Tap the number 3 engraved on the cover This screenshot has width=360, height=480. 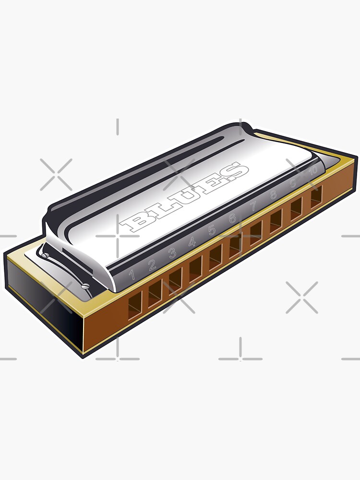(x=172, y=253)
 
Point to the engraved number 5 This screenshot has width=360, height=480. (x=212, y=230)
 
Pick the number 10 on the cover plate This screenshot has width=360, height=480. (x=313, y=170)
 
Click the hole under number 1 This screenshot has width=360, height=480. (x=135, y=305)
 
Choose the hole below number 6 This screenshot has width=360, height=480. (x=235, y=246)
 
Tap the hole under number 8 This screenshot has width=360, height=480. (x=276, y=221)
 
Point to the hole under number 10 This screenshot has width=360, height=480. (x=316, y=197)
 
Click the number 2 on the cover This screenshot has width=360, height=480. (x=152, y=264)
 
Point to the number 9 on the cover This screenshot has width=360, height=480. (x=293, y=182)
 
